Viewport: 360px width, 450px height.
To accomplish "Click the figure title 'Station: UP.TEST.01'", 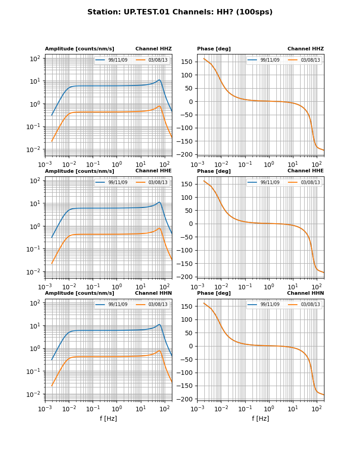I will coord(180,12).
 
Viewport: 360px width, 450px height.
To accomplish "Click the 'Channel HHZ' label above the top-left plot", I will coord(153,49).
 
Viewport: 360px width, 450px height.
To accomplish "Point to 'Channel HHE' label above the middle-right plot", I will coord(306,171).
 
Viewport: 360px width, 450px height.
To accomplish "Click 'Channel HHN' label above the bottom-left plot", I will coord(153,293).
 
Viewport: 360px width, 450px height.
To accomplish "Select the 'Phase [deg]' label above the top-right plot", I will coord(214,49).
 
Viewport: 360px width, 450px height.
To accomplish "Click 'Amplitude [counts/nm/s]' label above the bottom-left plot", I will coord(80,293).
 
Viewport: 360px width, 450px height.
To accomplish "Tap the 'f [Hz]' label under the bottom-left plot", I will coord(108,418).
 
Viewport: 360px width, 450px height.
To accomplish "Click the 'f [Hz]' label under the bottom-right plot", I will coord(261,418).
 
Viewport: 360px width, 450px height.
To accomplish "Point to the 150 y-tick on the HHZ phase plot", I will coord(188,62).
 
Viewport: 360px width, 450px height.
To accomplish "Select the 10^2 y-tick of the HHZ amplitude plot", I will coord(36,58).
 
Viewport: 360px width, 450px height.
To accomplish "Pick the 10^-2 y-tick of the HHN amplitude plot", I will coord(35,394).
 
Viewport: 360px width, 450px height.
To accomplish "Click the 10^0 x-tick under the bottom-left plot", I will coord(117,409).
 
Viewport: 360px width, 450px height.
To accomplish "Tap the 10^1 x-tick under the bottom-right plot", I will coord(293,409).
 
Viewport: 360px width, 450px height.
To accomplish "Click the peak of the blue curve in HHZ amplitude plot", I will coord(159,80).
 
